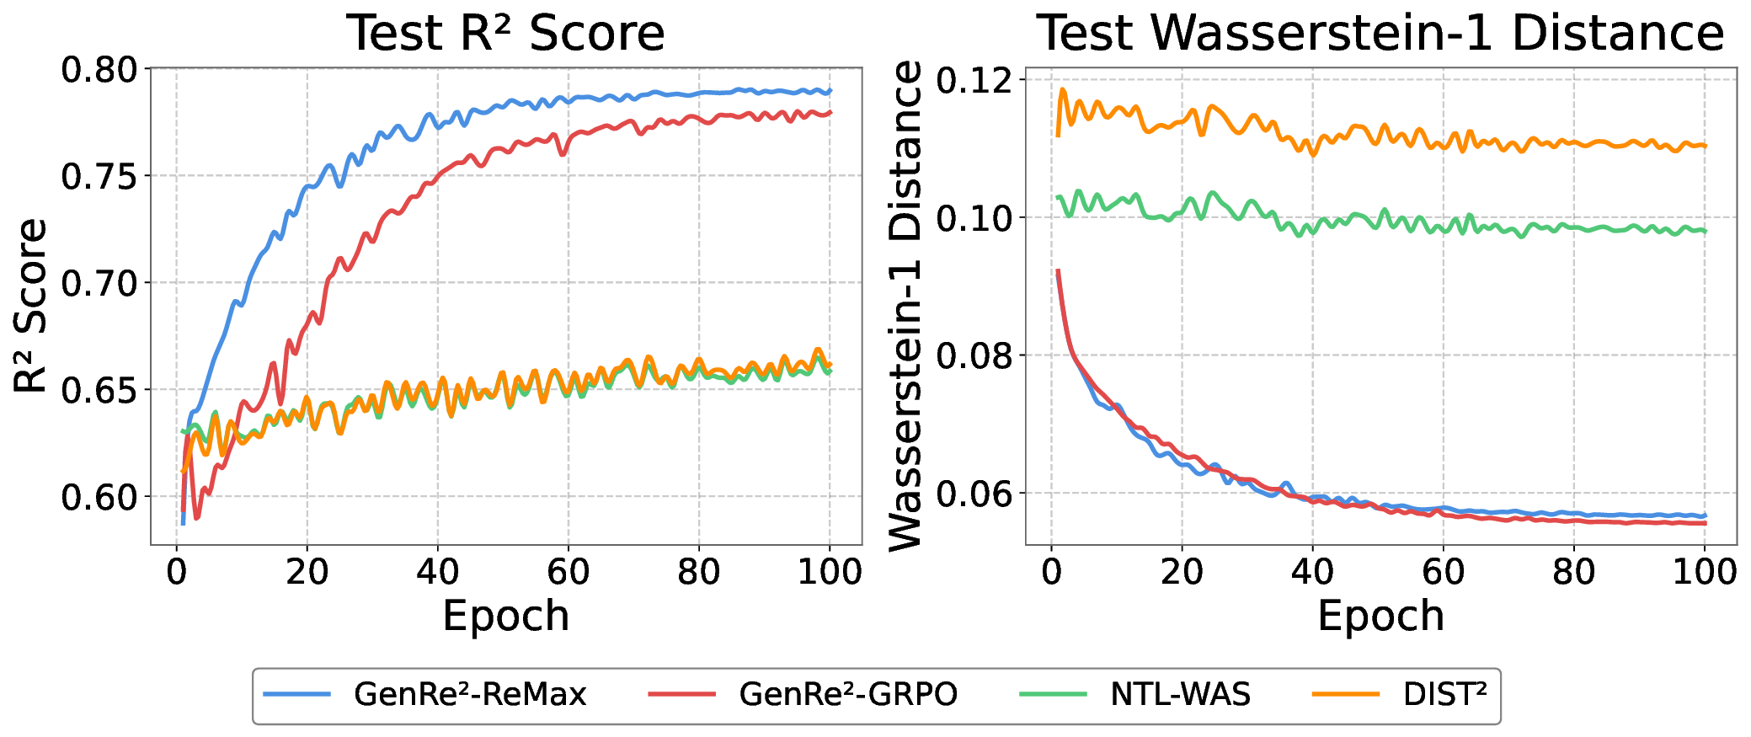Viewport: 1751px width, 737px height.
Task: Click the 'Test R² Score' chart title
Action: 505,34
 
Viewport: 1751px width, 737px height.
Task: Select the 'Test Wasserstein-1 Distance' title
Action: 1380,34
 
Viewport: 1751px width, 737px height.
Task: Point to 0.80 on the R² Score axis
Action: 99,70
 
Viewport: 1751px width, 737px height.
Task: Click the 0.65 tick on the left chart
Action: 99,391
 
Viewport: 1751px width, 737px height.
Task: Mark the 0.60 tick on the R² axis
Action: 99,498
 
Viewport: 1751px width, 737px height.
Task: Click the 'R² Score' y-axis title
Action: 31,306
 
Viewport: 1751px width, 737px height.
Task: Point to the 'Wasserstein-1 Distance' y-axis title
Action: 906,306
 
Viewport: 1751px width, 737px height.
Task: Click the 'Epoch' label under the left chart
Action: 505,616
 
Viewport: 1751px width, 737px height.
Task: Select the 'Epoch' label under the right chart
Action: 1380,616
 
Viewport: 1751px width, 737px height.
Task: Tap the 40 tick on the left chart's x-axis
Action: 437,572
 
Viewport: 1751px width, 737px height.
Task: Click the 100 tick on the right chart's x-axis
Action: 1704,572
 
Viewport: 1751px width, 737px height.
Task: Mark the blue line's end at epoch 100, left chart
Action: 830,91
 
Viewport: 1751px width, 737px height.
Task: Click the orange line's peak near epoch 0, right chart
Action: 1063,88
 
